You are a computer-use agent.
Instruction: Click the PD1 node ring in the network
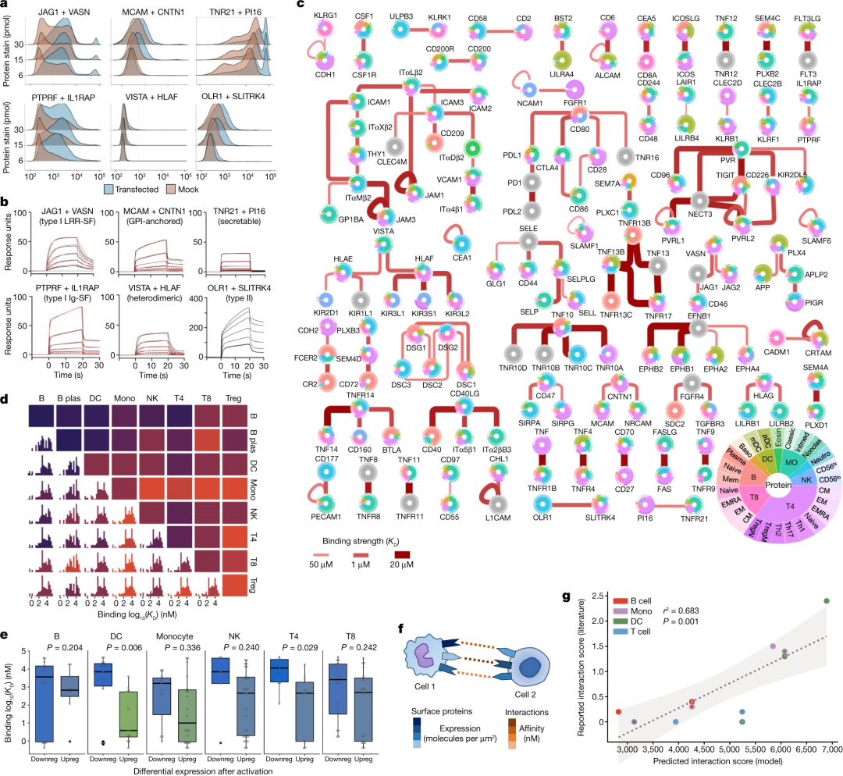[x=532, y=183]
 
